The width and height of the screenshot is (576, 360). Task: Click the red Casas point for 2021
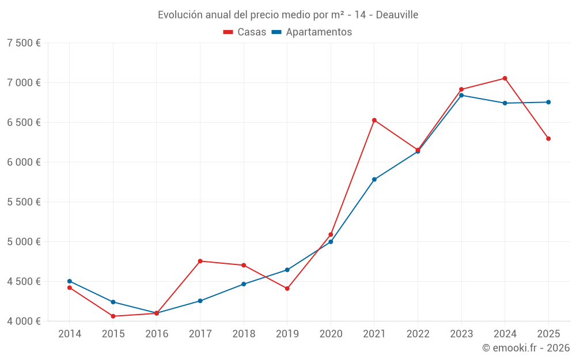374,120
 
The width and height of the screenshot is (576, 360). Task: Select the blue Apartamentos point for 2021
374,180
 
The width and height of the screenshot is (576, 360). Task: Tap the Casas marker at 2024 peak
505,78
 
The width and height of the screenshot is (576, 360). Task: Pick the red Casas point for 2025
548,139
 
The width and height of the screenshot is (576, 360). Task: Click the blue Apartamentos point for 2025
548,103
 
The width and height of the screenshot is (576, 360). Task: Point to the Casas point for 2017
200,262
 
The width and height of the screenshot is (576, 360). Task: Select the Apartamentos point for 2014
70,281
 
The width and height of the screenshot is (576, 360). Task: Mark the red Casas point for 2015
113,316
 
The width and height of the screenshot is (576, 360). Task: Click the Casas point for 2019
287,289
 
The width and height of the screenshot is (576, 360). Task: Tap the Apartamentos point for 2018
244,284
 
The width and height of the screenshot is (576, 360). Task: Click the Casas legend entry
245,32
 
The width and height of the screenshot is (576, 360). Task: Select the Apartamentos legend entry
312,32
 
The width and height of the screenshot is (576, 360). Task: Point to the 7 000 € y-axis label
24,82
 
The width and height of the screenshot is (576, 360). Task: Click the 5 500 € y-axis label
24,202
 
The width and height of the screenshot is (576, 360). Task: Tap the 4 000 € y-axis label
24,321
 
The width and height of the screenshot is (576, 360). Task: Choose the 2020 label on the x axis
331,334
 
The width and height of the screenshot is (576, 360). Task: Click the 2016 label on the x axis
157,334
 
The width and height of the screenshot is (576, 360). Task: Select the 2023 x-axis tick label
461,334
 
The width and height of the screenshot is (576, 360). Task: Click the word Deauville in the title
397,14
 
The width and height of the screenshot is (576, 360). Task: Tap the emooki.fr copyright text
526,348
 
